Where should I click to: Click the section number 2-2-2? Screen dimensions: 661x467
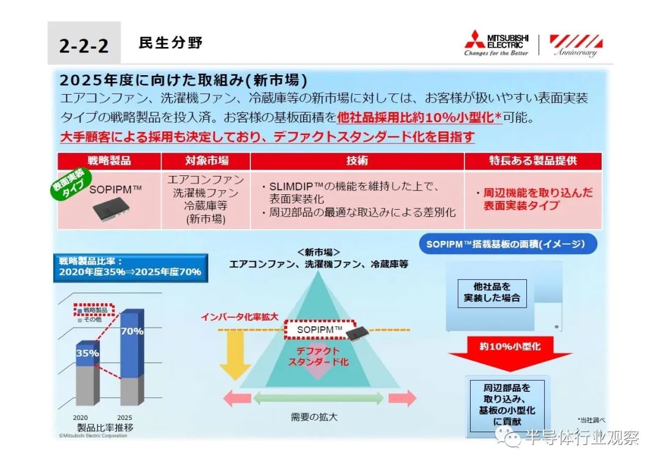[x=83, y=45]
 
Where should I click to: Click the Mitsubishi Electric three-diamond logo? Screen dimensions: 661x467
[x=475, y=39]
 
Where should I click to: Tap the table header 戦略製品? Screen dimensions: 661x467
[x=109, y=161]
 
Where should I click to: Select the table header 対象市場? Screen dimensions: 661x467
[x=207, y=161]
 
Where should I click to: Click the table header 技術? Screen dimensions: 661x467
[x=357, y=161]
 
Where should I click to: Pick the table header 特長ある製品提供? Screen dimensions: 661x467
[x=533, y=161]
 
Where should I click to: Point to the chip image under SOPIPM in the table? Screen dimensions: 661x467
[x=111, y=208]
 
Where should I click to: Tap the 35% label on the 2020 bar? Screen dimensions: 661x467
[x=88, y=353]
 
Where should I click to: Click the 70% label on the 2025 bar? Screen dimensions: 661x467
[x=132, y=331]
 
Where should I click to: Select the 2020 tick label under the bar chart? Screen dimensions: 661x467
[x=80, y=417]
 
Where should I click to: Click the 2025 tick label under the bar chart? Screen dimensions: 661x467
[x=124, y=417]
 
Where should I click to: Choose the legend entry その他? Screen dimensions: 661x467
[x=90, y=320]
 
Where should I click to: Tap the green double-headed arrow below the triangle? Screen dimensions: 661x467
[x=318, y=398]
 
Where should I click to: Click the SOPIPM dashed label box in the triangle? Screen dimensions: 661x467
[x=320, y=329]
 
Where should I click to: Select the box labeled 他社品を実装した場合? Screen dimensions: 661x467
[x=492, y=293]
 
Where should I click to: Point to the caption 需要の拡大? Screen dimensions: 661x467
[x=314, y=417]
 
